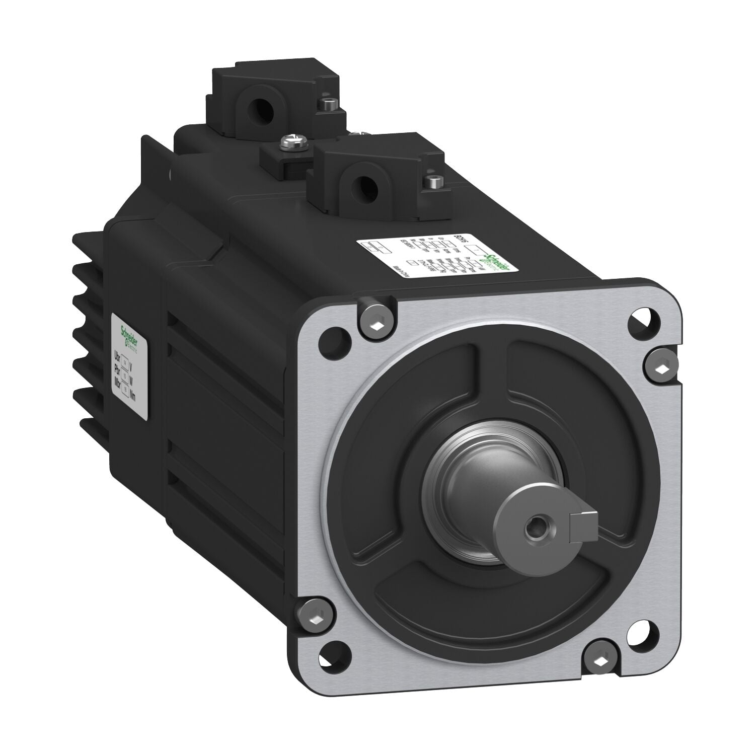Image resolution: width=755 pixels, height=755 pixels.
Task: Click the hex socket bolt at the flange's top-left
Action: (x=376, y=322)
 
